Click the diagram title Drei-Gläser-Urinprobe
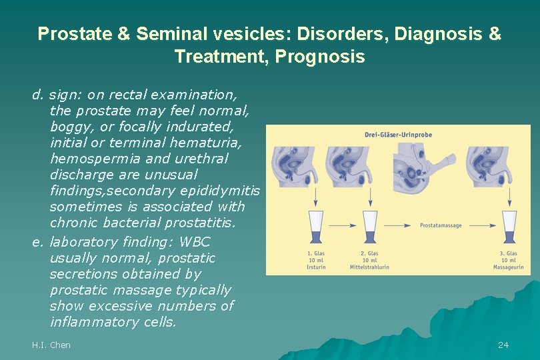(398, 135)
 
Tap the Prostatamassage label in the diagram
(441, 225)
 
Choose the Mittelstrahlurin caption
(369, 267)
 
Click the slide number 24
(503, 345)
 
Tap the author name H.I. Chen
(51, 345)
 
